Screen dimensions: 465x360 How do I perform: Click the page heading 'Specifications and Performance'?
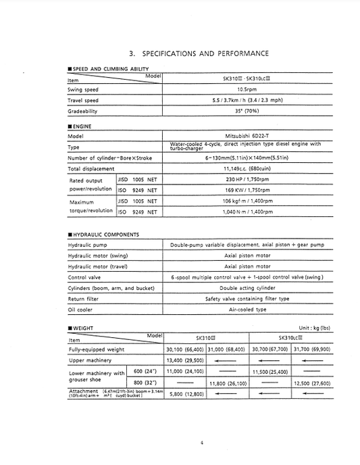[199, 53]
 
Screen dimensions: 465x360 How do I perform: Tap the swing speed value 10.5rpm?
[245, 90]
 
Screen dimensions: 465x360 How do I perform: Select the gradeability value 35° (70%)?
[245, 112]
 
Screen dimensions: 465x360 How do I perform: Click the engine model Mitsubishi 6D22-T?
[245, 135]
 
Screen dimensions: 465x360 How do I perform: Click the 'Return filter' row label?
[84, 298]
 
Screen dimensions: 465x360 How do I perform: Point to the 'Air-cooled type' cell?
[246, 310]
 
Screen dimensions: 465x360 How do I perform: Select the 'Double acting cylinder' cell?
[246, 288]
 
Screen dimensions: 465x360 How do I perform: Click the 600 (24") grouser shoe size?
[146, 372]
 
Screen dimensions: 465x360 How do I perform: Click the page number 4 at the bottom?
[201, 443]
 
